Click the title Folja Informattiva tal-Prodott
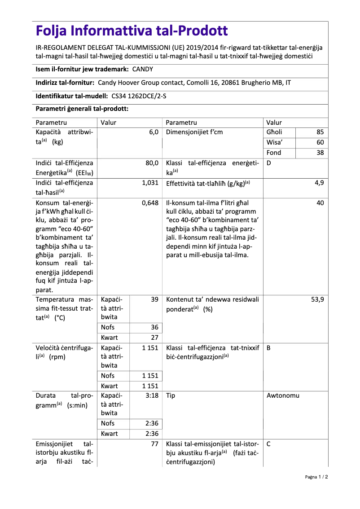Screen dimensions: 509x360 [x=132, y=31]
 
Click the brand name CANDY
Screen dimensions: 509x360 [x=142, y=69]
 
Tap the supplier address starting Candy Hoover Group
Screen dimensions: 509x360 [x=194, y=83]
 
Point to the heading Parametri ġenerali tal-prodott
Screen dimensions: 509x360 [x=82, y=109]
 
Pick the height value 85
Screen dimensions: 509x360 [x=320, y=132]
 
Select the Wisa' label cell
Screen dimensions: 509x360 [x=274, y=143]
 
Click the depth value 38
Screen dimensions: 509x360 [x=320, y=153]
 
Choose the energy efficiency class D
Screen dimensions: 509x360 [x=269, y=163]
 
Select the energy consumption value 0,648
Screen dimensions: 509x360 [x=150, y=203]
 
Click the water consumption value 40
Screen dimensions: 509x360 [x=320, y=203]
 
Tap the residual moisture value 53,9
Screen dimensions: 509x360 [x=317, y=299]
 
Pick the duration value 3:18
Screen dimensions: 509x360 [x=152, y=396]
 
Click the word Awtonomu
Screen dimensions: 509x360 [x=283, y=396]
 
